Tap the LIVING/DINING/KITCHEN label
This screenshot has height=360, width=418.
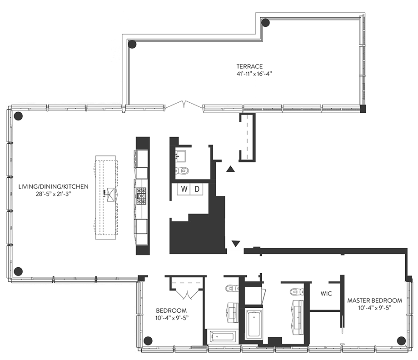pos(53,186)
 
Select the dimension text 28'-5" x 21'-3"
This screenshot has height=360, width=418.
pos(53,194)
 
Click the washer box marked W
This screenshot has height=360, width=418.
pos(184,189)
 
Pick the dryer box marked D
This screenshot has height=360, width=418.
pos(197,189)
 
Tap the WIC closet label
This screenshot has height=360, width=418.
pos(326,294)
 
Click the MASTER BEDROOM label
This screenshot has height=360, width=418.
pos(375,300)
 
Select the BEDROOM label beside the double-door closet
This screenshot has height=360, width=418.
pos(169,311)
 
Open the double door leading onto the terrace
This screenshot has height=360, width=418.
pos(184,106)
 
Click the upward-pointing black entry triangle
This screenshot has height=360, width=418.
pos(230,170)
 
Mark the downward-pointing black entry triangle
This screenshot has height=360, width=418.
pos(235,244)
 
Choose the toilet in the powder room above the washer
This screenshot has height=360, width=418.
pos(183,171)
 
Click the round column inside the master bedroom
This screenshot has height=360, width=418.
pos(401,340)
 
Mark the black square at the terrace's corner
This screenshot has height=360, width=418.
pos(362,109)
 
